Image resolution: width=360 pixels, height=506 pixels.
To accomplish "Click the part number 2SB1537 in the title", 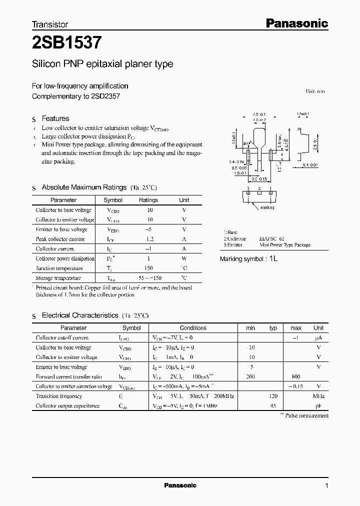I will [x=67, y=43].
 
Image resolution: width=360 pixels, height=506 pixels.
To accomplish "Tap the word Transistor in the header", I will [x=50, y=24].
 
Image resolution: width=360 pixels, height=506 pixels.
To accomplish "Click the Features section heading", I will [x=55, y=118].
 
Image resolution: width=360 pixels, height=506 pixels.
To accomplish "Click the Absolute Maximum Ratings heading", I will [x=84, y=187].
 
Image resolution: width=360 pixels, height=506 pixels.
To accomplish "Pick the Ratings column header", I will [x=148, y=200].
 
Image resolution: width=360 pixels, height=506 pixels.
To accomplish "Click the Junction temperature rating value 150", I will [x=148, y=268].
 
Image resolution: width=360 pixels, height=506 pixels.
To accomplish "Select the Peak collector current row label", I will [x=60, y=239].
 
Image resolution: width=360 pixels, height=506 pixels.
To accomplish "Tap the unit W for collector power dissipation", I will [x=184, y=258].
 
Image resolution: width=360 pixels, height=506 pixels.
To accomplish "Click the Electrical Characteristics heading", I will [x=80, y=315].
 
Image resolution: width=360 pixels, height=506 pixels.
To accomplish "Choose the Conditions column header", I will [x=193, y=328].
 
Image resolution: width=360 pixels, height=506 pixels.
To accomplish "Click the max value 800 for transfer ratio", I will [x=296, y=376].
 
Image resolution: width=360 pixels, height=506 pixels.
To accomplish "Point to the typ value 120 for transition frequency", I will [x=273, y=396].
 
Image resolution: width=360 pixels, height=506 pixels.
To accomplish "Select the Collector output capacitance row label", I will [x=68, y=406].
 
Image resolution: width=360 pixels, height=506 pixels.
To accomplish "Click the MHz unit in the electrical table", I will [x=318, y=396].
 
